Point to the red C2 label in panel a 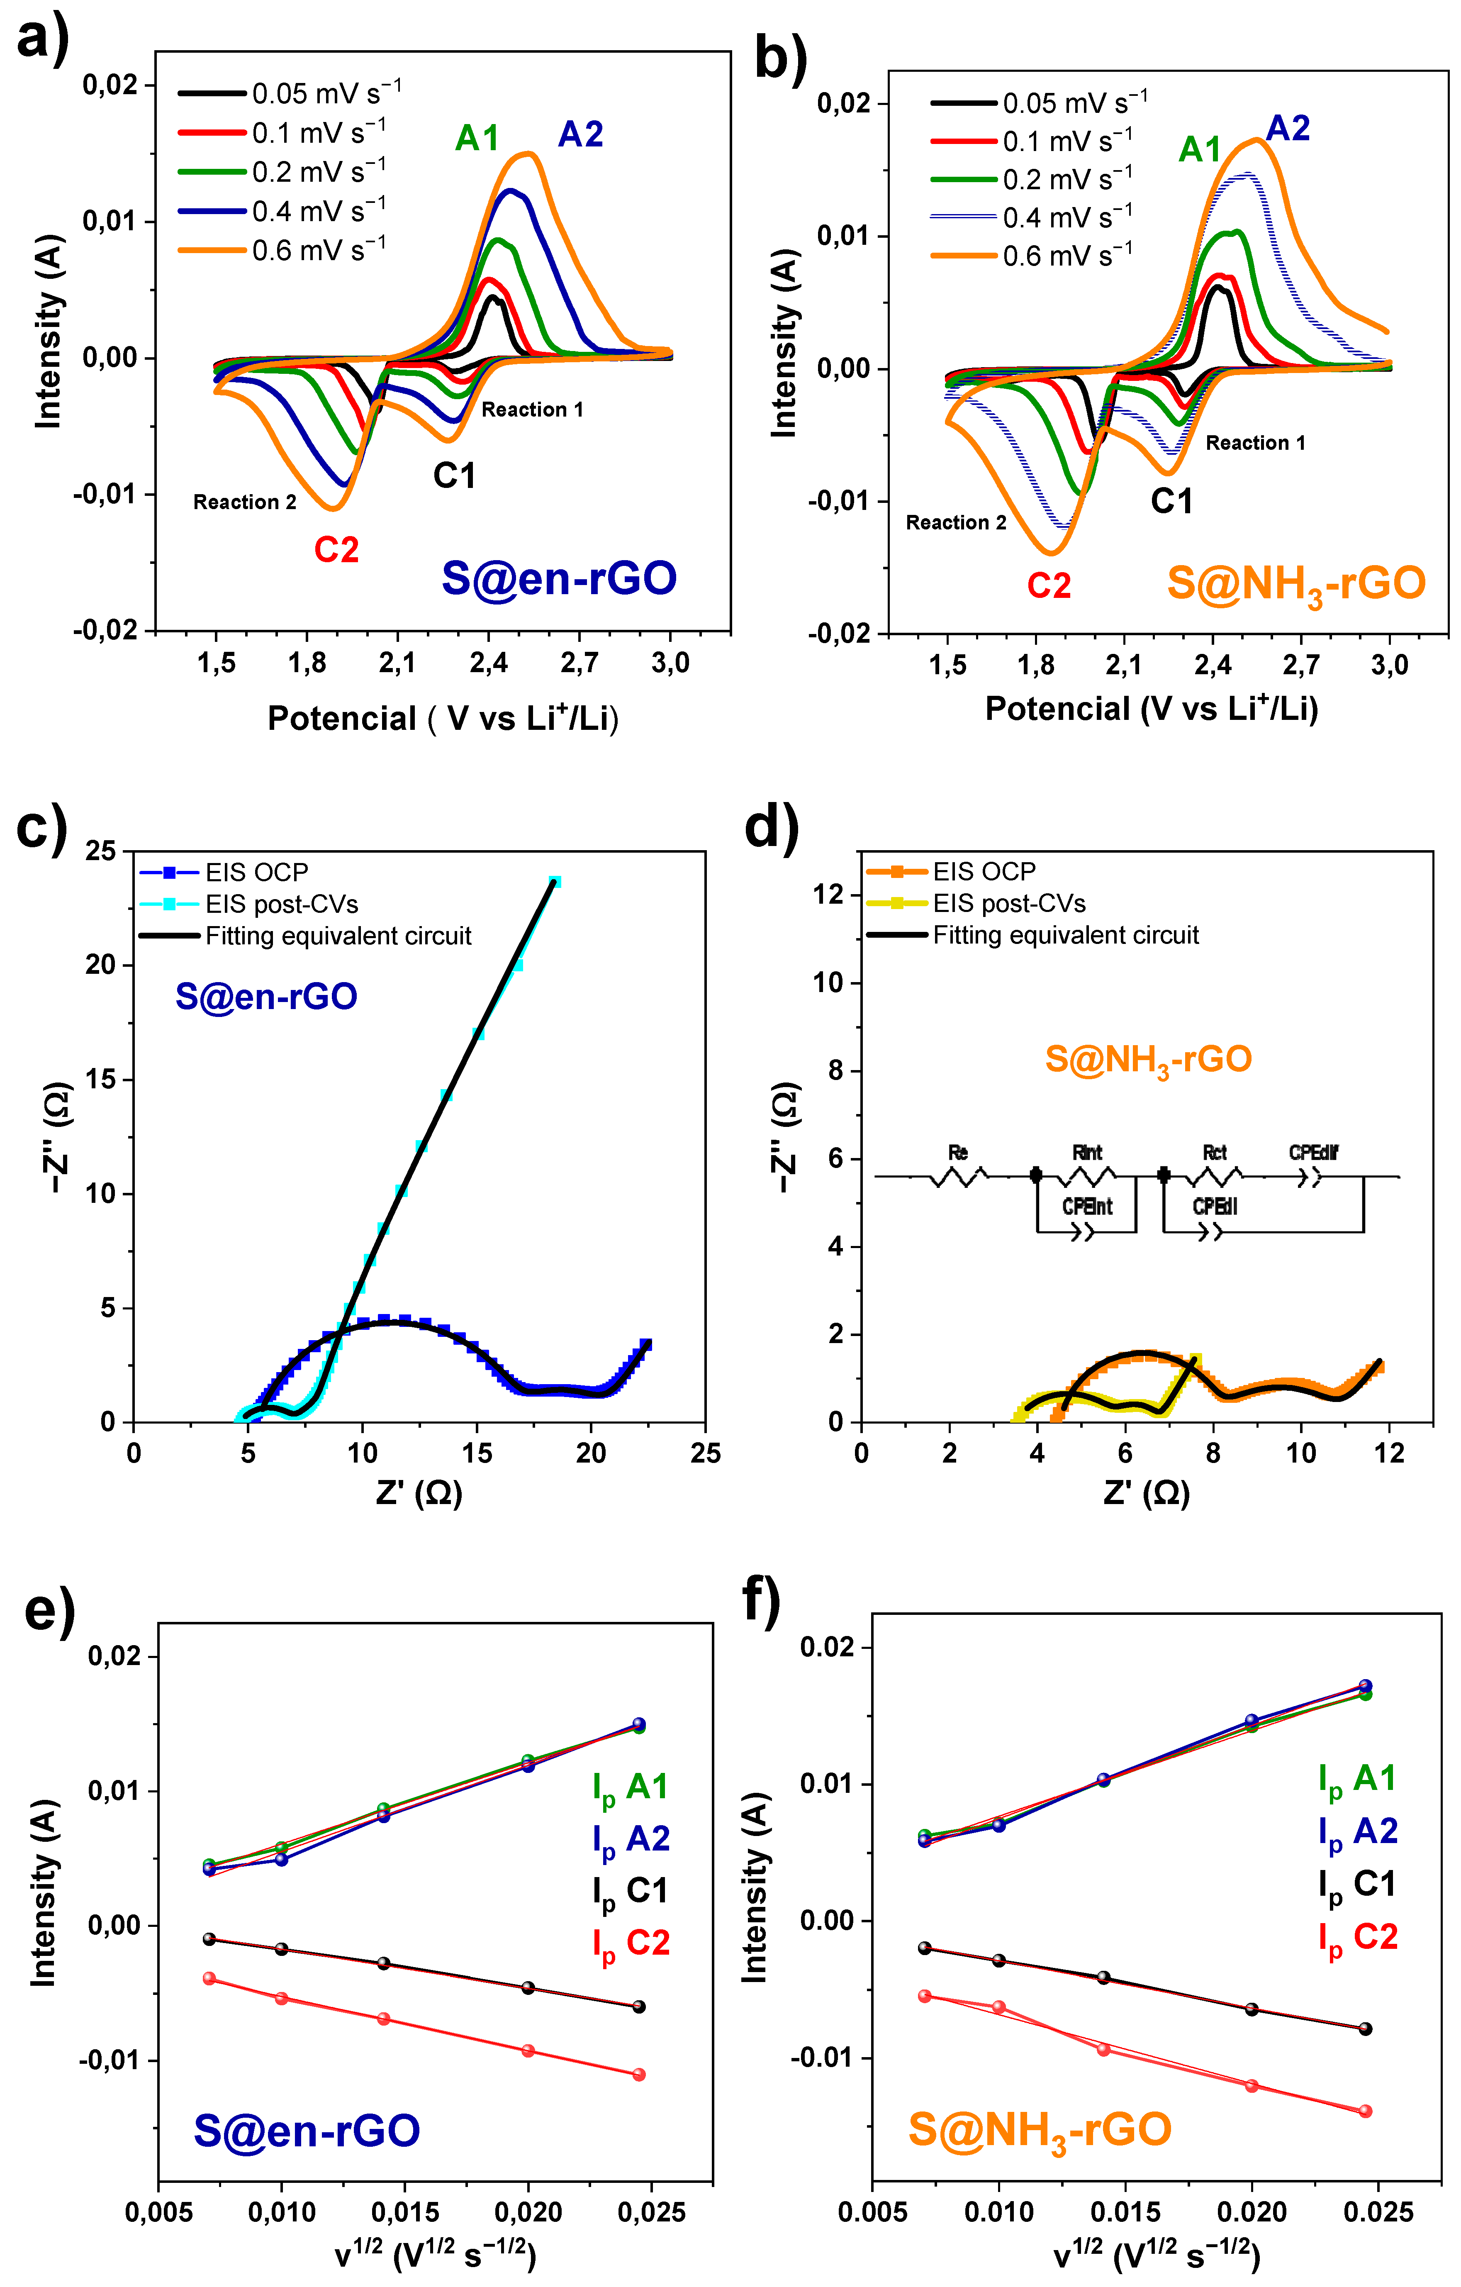[336, 550]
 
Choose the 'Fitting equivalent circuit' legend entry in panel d [1065, 936]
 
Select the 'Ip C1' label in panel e [631, 1891]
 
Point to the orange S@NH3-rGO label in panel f [1040, 2129]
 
